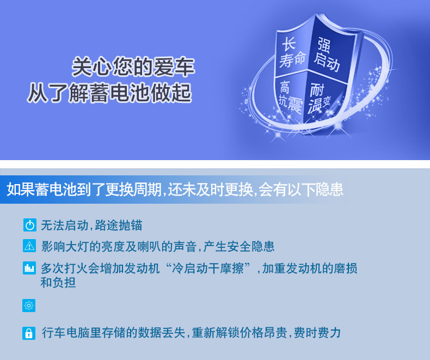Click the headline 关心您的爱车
tap(133, 66)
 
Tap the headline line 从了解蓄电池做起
tap(109, 93)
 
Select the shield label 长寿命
tap(292, 53)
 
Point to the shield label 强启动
tap(327, 54)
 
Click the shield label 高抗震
tap(291, 97)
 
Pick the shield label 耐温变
tap(320, 99)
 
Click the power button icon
tap(29, 225)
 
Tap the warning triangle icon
tap(29, 246)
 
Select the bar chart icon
tap(29, 268)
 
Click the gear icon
tap(29, 306)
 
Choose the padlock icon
tap(29, 333)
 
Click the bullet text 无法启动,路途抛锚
tap(91, 225)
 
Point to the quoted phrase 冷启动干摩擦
tap(208, 268)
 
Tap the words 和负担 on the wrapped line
tap(58, 282)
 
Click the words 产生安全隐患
tap(238, 246)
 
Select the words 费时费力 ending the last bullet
tap(317, 333)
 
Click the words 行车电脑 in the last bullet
tap(65, 333)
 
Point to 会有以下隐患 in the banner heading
tap(301, 190)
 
